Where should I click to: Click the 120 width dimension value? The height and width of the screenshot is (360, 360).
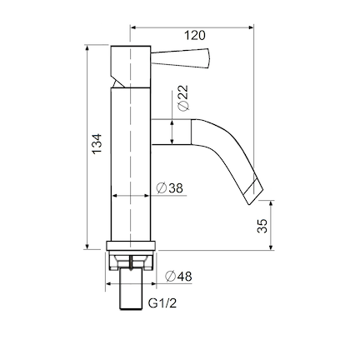[194, 35]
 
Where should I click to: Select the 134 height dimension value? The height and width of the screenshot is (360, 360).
[97, 142]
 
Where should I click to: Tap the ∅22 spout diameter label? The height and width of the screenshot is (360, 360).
[182, 98]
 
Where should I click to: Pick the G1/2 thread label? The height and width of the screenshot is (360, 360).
[162, 303]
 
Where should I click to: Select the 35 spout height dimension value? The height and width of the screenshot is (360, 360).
[262, 225]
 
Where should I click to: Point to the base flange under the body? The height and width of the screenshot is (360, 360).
[132, 247]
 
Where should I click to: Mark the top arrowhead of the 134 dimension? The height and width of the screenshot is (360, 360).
[87, 48]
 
